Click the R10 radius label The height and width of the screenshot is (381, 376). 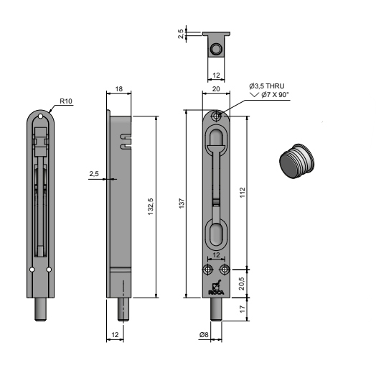click(x=66, y=101)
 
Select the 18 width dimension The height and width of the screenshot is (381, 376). click(x=119, y=89)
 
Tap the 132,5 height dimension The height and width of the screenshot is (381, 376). click(x=151, y=206)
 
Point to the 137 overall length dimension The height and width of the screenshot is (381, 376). click(x=182, y=203)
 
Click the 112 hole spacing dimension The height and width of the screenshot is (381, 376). click(x=243, y=193)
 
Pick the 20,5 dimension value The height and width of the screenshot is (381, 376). click(x=242, y=283)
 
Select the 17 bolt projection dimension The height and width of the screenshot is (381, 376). click(x=243, y=309)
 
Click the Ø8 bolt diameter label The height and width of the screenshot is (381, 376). click(x=204, y=335)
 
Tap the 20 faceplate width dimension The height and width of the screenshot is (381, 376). click(x=216, y=89)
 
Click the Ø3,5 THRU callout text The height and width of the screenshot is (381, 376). click(x=267, y=86)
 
